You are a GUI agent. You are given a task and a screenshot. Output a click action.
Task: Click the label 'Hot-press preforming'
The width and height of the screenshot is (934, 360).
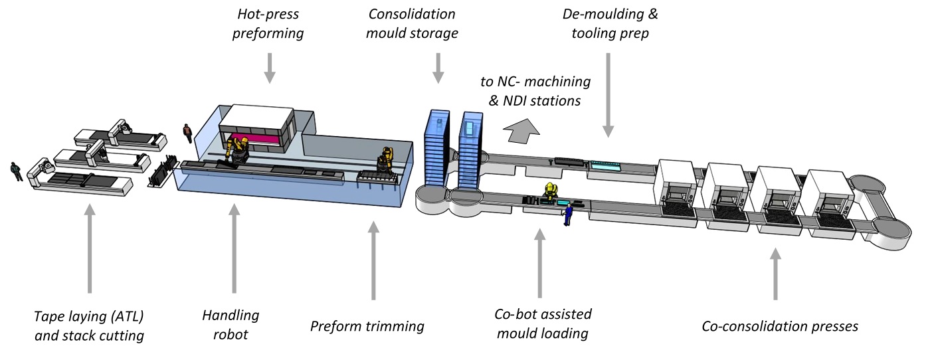click(x=268, y=23)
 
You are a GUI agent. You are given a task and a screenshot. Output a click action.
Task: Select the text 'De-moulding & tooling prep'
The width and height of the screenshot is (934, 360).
click(x=610, y=23)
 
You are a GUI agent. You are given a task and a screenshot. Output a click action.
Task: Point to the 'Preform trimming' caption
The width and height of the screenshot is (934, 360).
click(x=367, y=326)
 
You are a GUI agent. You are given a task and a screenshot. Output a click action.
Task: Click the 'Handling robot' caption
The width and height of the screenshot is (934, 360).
click(x=231, y=325)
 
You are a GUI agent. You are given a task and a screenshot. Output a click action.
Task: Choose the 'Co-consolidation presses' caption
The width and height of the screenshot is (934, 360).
click(x=780, y=326)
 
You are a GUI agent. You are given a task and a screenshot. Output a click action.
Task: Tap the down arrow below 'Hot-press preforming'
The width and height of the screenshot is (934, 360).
click(x=269, y=68)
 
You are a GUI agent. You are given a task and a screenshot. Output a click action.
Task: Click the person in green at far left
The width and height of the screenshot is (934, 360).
click(x=15, y=171)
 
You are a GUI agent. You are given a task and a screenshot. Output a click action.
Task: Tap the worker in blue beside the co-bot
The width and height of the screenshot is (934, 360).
click(x=569, y=215)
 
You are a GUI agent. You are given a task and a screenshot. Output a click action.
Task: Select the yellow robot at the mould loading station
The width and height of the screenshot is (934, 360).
click(x=550, y=193)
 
